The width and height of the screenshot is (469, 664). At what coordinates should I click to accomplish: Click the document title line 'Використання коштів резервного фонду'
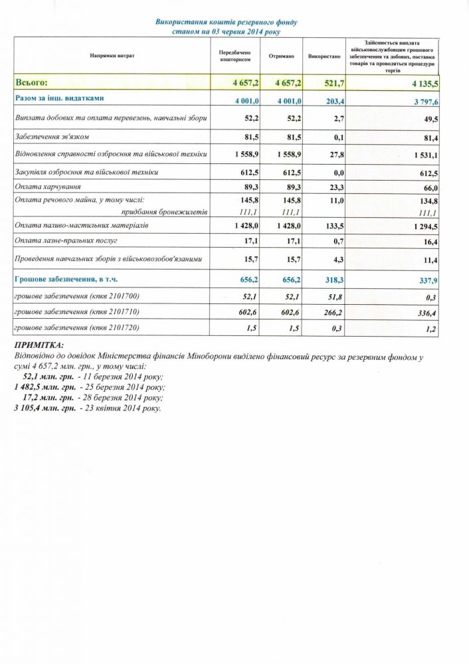coord(226,22)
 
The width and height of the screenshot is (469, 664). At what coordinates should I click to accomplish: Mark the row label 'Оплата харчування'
coord(44,187)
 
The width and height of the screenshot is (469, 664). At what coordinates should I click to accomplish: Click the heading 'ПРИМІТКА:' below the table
coord(39,345)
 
